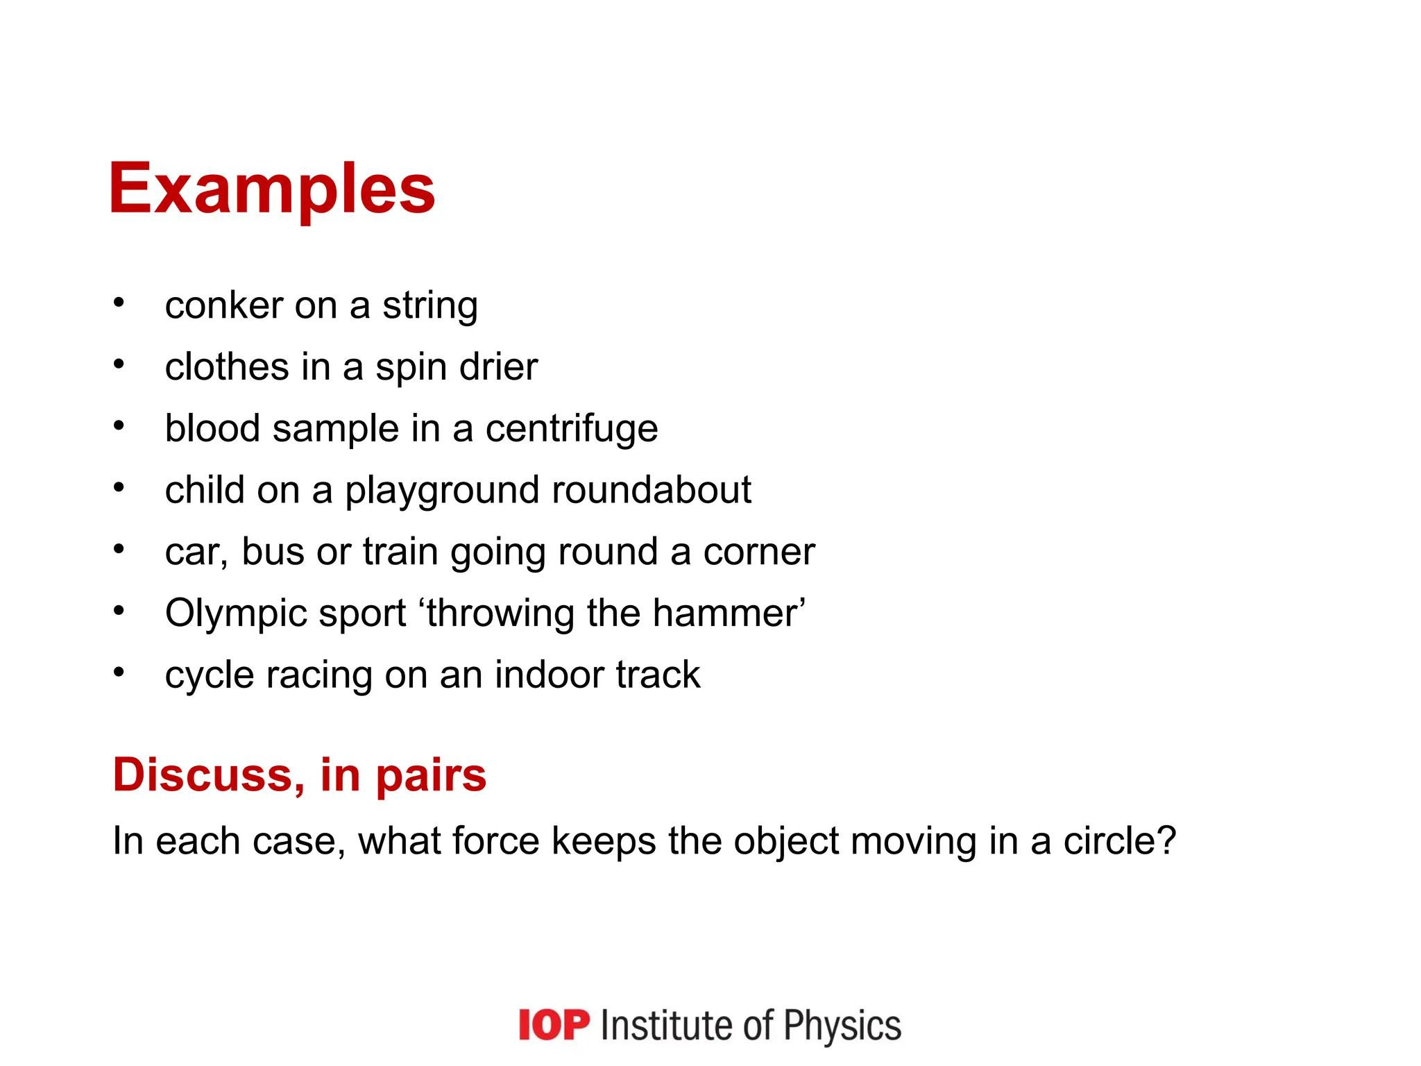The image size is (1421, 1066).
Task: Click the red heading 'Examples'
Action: click(x=272, y=189)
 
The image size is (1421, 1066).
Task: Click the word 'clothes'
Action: click(x=227, y=366)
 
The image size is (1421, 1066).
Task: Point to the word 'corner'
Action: click(x=759, y=552)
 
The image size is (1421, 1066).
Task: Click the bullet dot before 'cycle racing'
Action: click(x=119, y=672)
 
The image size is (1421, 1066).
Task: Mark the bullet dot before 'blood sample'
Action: click(x=119, y=425)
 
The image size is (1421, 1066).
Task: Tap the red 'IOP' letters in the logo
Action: click(x=554, y=1025)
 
